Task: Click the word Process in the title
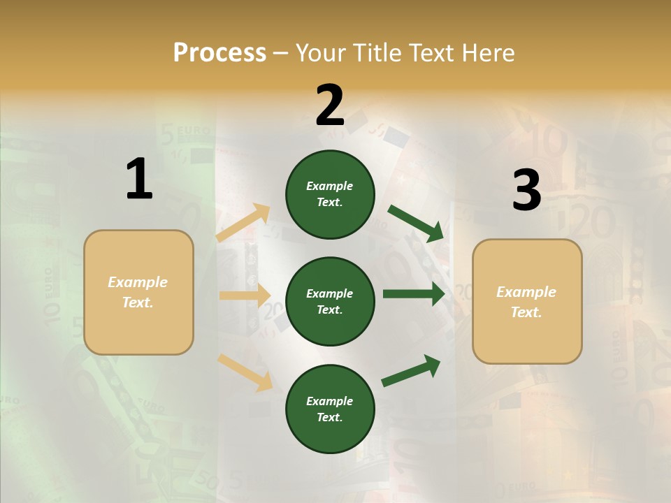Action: pyautogui.click(x=219, y=53)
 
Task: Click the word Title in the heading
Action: pyautogui.click(x=376, y=53)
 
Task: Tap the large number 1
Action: pyautogui.click(x=139, y=180)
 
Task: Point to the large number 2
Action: pyautogui.click(x=330, y=105)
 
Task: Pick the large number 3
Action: pyautogui.click(x=526, y=190)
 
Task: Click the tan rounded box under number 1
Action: pyautogui.click(x=138, y=292)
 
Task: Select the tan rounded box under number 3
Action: pyautogui.click(x=527, y=301)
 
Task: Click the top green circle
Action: pyautogui.click(x=330, y=194)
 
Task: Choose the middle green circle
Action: pyautogui.click(x=330, y=301)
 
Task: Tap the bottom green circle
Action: pyautogui.click(x=330, y=409)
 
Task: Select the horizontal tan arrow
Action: pyautogui.click(x=245, y=296)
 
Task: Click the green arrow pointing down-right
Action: pyautogui.click(x=416, y=223)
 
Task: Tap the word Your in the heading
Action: pyautogui.click(x=319, y=53)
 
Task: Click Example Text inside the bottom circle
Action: pyautogui.click(x=330, y=409)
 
